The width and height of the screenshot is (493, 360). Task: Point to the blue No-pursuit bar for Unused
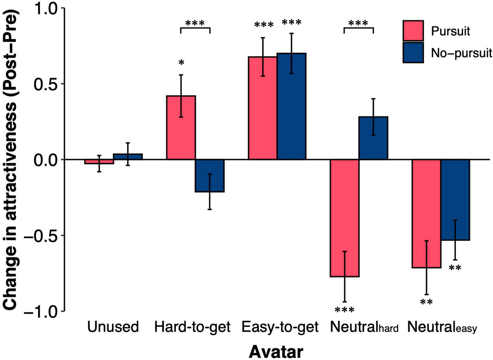(x=128, y=157)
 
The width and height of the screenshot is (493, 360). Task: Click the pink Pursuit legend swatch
(x=413, y=31)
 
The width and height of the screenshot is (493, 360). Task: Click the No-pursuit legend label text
(x=461, y=53)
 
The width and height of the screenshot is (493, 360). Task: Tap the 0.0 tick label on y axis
(x=45, y=160)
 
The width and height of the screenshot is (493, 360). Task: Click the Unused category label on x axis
(x=113, y=327)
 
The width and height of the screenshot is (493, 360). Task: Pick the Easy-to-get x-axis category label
(x=280, y=327)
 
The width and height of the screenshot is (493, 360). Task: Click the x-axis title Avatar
(x=276, y=352)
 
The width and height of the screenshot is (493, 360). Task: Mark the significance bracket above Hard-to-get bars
(x=195, y=28)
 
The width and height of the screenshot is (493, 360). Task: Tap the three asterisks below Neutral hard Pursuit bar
(x=344, y=310)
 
